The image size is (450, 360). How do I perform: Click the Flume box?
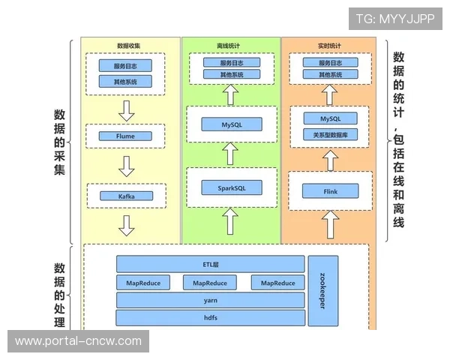coord(126,136)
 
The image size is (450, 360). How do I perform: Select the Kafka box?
coord(126,196)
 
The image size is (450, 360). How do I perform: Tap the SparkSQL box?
coord(231,187)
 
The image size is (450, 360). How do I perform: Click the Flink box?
coord(331,191)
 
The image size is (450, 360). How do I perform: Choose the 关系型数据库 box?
coord(331,135)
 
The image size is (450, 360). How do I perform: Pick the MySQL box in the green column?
coord(231,124)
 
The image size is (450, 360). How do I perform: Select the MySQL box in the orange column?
coord(331,118)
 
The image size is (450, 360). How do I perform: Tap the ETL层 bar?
coord(210,264)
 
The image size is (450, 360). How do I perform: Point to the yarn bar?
coord(210,300)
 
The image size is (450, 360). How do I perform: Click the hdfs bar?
coord(210,318)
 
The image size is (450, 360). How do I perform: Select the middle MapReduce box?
coord(210,283)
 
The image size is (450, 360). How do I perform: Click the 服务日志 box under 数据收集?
coord(125,65)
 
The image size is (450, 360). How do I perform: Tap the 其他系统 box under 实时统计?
coord(331,75)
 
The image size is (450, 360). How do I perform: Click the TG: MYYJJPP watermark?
coord(395,18)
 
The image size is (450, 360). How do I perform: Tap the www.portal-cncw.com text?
coord(78,341)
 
